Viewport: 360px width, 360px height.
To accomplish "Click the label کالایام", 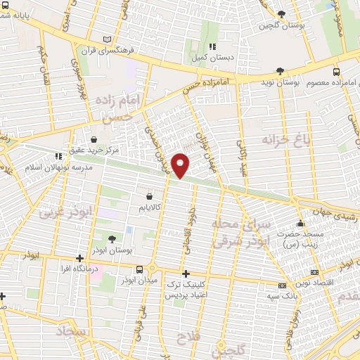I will pos(149,208).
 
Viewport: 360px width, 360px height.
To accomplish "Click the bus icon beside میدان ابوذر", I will pos(140,269).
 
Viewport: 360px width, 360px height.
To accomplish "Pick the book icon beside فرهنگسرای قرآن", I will pos(107,40).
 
